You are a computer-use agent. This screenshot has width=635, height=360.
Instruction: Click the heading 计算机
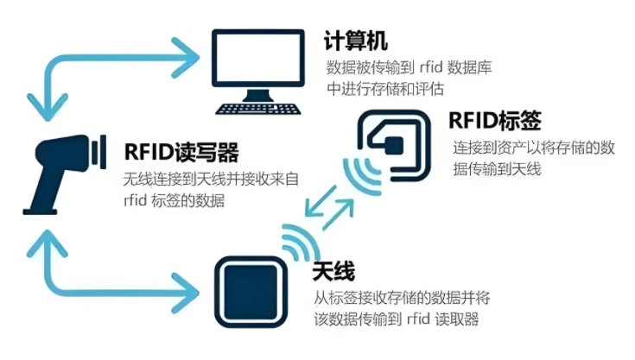pyautogui.click(x=356, y=41)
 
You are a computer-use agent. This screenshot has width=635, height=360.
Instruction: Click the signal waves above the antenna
pyautogui.click(x=298, y=243)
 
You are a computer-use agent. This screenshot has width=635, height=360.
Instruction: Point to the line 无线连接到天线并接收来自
pyautogui.click(x=210, y=180)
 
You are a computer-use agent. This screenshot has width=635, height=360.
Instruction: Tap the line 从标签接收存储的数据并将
pyautogui.click(x=403, y=299)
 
